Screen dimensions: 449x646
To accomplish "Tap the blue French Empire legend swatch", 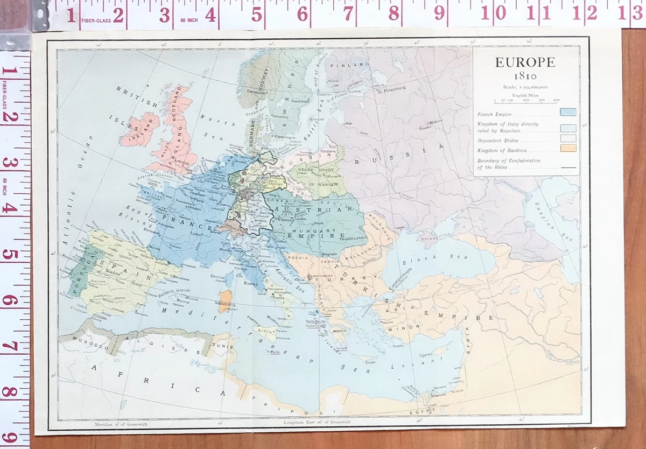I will click(567, 113).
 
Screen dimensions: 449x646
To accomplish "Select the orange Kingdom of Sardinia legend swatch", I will click(567, 148).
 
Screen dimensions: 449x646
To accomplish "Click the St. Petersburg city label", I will click(391, 90).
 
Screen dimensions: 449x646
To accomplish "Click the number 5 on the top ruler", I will click(257, 15).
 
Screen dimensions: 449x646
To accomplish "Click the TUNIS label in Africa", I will click(226, 346).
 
